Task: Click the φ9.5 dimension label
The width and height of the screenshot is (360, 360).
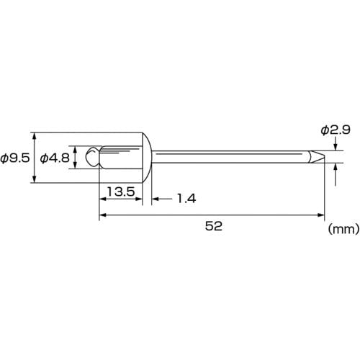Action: pyautogui.click(x=15, y=158)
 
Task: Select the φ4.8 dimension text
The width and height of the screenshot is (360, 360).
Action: pyautogui.click(x=55, y=158)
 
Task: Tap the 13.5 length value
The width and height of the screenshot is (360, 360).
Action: pyautogui.click(x=121, y=192)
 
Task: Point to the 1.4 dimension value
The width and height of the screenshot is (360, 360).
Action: pyautogui.click(x=186, y=199)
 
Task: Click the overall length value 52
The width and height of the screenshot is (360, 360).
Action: pyautogui.click(x=214, y=226)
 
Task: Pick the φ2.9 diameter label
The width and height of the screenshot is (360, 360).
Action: pyautogui.click(x=336, y=130)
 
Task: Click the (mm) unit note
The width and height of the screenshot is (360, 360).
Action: pyautogui.click(x=343, y=229)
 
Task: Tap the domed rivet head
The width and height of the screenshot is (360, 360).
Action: pyautogui.click(x=147, y=157)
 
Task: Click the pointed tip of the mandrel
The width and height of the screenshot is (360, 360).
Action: pyautogui.click(x=324, y=157)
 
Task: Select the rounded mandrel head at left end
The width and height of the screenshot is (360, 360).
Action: pyautogui.click(x=92, y=157)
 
